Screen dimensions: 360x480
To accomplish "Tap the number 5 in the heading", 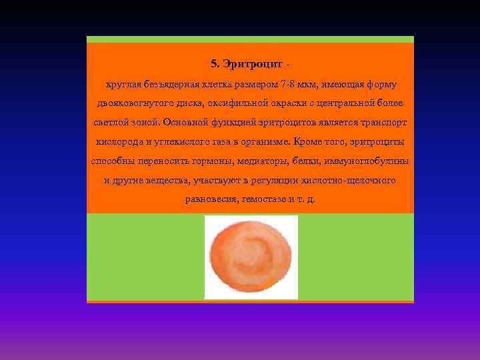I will tap(213, 65).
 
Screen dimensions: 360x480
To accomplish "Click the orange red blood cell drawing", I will tap(251, 257).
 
